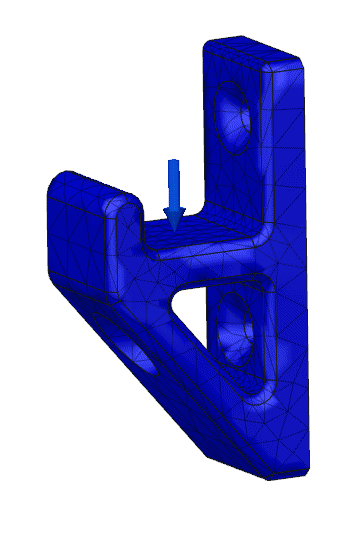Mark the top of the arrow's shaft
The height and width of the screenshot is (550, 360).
174,162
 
